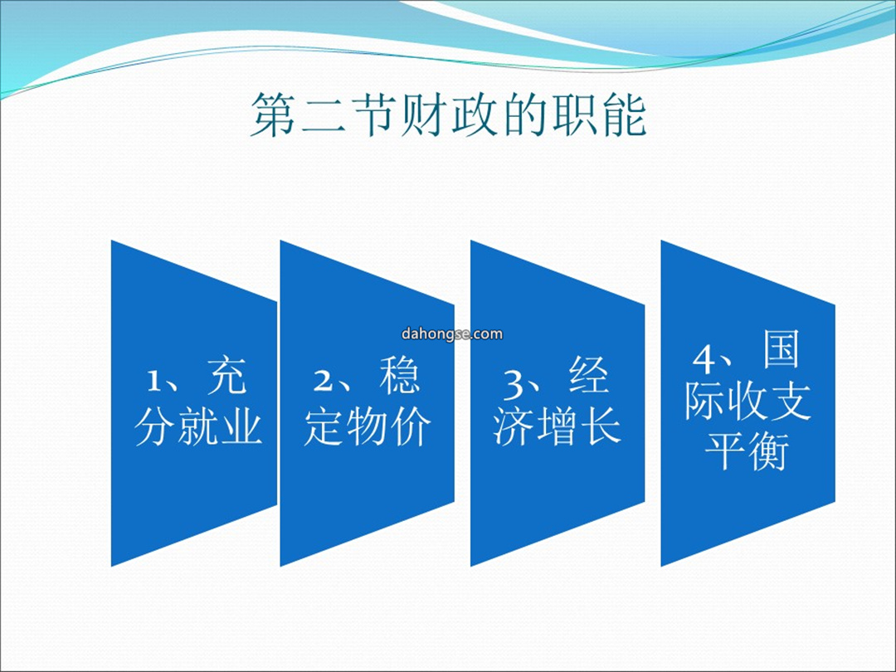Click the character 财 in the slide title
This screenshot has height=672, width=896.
click(x=423, y=114)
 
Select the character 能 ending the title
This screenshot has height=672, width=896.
click(x=623, y=114)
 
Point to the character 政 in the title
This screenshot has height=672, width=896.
click(x=473, y=114)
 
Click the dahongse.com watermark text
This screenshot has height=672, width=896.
click(x=452, y=334)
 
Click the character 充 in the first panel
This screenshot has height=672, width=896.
click(x=226, y=376)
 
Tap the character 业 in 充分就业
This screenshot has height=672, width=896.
click(x=241, y=426)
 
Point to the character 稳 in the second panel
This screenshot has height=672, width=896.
click(x=399, y=376)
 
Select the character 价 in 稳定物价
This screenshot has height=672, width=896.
click(x=411, y=426)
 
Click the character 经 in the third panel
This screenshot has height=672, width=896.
click(x=588, y=376)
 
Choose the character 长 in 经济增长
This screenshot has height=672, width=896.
click(x=600, y=426)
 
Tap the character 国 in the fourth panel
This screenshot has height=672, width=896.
click(x=781, y=350)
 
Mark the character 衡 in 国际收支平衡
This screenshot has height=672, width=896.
click(x=768, y=451)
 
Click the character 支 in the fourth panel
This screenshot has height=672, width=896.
click(x=791, y=401)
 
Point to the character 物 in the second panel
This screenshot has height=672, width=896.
click(x=368, y=426)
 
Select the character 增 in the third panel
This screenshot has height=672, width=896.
click(x=558, y=426)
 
